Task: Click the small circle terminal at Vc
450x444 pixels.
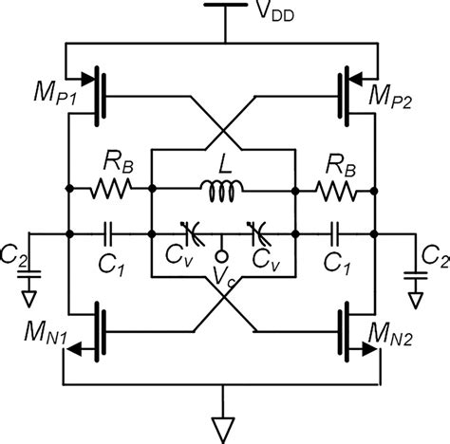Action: tap(224, 254)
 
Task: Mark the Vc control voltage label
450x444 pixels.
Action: tap(225, 275)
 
